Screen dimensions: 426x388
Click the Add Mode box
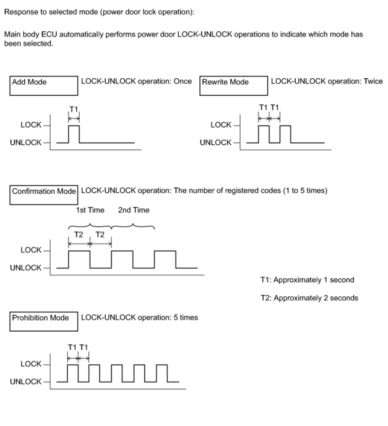tap(44, 86)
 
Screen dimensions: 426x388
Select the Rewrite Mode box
tap(233, 86)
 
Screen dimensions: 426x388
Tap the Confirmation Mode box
tap(44, 195)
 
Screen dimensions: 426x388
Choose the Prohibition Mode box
tap(44, 321)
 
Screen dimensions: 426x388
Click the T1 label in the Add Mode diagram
tap(74, 109)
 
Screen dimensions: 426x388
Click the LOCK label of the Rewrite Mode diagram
tap(221, 125)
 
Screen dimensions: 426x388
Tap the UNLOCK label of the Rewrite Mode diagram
tap(215, 142)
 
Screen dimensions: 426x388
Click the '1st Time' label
tap(90, 210)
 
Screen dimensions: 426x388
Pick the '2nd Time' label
tap(134, 210)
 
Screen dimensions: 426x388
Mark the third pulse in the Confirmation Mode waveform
tap(165, 259)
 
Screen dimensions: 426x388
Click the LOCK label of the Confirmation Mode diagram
tap(31, 250)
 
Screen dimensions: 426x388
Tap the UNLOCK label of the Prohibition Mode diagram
tap(26, 381)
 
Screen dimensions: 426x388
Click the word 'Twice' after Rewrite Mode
tap(373, 81)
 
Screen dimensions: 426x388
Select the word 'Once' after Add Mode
tap(182, 81)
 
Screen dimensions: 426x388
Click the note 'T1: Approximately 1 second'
tap(307, 280)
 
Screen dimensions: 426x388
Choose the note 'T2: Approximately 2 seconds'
tap(309, 298)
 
